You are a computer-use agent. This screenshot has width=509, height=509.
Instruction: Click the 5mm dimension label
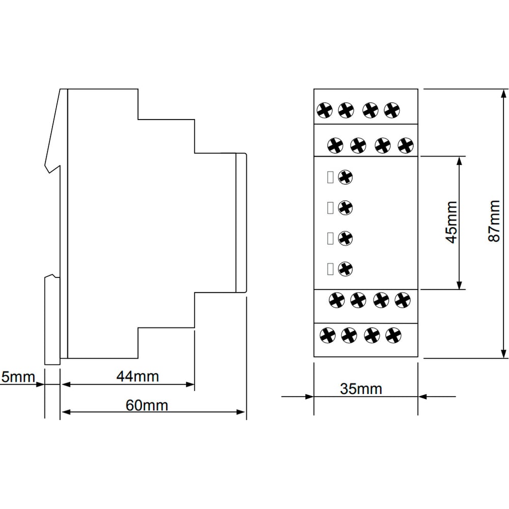tap(18, 377)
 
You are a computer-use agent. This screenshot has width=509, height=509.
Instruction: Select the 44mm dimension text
tap(137, 377)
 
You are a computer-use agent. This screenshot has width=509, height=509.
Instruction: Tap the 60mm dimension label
tap(147, 405)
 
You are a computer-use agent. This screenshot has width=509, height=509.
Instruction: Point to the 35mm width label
tap(361, 388)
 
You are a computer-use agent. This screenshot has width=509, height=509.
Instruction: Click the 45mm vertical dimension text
tap(451, 222)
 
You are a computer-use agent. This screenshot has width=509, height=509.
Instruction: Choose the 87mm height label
tap(494, 221)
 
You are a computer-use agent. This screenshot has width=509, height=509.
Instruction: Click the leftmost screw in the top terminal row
tap(325, 110)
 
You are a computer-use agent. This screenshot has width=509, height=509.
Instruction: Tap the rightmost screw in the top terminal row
tap(392, 110)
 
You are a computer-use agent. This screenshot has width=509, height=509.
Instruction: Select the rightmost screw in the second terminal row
tap(406, 145)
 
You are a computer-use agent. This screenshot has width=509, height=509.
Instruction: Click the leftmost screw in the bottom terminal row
tap(327, 335)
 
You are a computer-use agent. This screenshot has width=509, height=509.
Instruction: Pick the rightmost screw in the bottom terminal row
tap(393, 335)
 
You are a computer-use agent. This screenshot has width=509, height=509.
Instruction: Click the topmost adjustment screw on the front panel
tap(345, 177)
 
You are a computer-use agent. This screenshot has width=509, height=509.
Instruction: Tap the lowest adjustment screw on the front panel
tap(345, 269)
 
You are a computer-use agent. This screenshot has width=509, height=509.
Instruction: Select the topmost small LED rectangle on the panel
tap(330, 177)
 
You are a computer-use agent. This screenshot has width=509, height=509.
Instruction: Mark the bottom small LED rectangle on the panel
tap(330, 269)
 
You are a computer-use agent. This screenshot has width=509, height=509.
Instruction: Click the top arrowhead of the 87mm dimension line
tap(503, 94)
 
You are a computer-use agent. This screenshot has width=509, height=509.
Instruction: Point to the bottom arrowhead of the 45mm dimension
tap(459, 285)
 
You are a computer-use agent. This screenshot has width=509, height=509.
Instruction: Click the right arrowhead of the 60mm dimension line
tap(241, 412)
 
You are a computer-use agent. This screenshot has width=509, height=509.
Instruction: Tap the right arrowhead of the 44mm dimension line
tap(190, 384)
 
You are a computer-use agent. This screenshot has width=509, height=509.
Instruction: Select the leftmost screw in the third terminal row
tap(336, 300)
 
